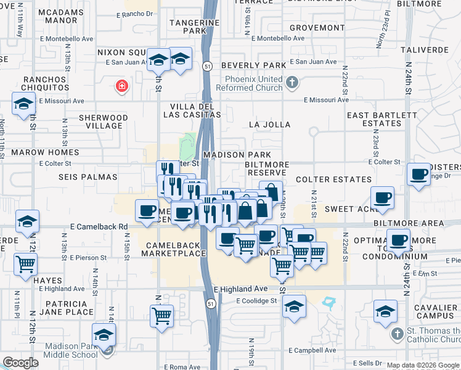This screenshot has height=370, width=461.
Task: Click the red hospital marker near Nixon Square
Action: coord(122,86)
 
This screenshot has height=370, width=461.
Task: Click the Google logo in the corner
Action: coord(20,363)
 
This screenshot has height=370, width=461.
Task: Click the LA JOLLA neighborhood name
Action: coord(269,125)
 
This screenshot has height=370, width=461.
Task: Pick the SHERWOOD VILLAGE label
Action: coord(103,121)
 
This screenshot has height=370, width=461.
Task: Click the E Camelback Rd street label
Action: coord(99,226)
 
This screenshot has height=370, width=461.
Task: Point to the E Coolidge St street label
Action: coord(256,301)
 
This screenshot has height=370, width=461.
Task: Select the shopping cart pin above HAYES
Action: coord(26,263)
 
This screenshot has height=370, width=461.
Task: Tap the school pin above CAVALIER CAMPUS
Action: coord(385,311)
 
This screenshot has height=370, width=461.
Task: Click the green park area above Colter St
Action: coord(187,147)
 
